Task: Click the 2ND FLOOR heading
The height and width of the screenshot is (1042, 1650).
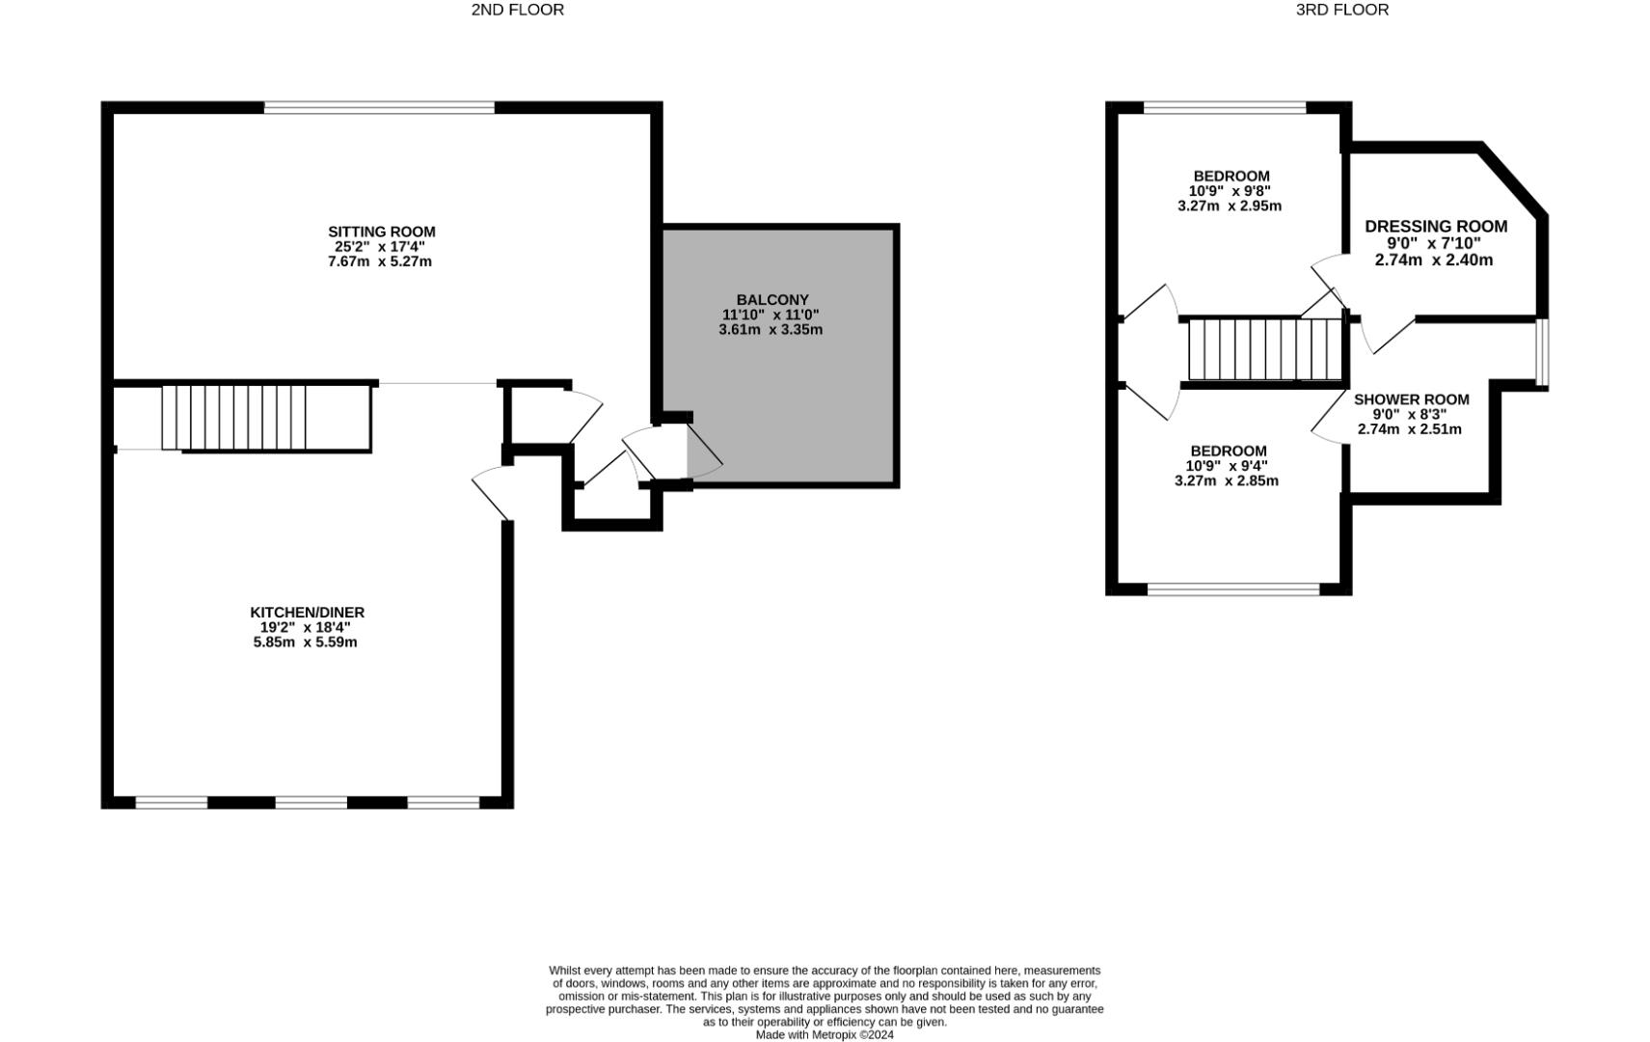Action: (x=517, y=10)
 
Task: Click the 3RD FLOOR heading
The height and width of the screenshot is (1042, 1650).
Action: (x=1341, y=10)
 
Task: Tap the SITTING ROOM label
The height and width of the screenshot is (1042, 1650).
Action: (x=381, y=232)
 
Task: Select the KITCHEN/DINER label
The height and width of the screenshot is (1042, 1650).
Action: (x=307, y=613)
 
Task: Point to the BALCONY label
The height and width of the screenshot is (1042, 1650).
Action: (x=771, y=300)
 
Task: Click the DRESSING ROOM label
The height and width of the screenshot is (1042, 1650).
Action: (x=1435, y=227)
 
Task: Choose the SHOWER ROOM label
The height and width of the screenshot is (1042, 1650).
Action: (x=1411, y=399)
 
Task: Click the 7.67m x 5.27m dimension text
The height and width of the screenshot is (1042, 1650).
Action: (x=379, y=261)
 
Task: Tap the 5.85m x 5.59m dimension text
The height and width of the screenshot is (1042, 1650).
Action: (x=305, y=643)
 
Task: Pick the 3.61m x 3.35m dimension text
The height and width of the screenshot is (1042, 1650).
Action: (x=770, y=330)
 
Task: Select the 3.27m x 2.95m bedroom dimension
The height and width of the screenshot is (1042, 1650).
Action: (x=1229, y=206)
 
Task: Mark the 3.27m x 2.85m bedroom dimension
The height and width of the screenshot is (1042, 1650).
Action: (x=1226, y=480)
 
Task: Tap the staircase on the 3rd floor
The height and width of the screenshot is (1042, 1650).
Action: (x=1263, y=349)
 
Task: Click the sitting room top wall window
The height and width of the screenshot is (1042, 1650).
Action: (x=379, y=108)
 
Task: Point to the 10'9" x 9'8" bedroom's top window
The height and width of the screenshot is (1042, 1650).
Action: (x=1224, y=108)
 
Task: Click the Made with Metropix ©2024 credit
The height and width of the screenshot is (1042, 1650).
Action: (x=824, y=1035)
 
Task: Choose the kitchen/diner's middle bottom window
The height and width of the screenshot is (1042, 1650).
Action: (x=311, y=802)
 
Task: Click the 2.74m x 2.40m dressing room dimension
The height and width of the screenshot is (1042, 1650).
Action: (x=1433, y=260)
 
